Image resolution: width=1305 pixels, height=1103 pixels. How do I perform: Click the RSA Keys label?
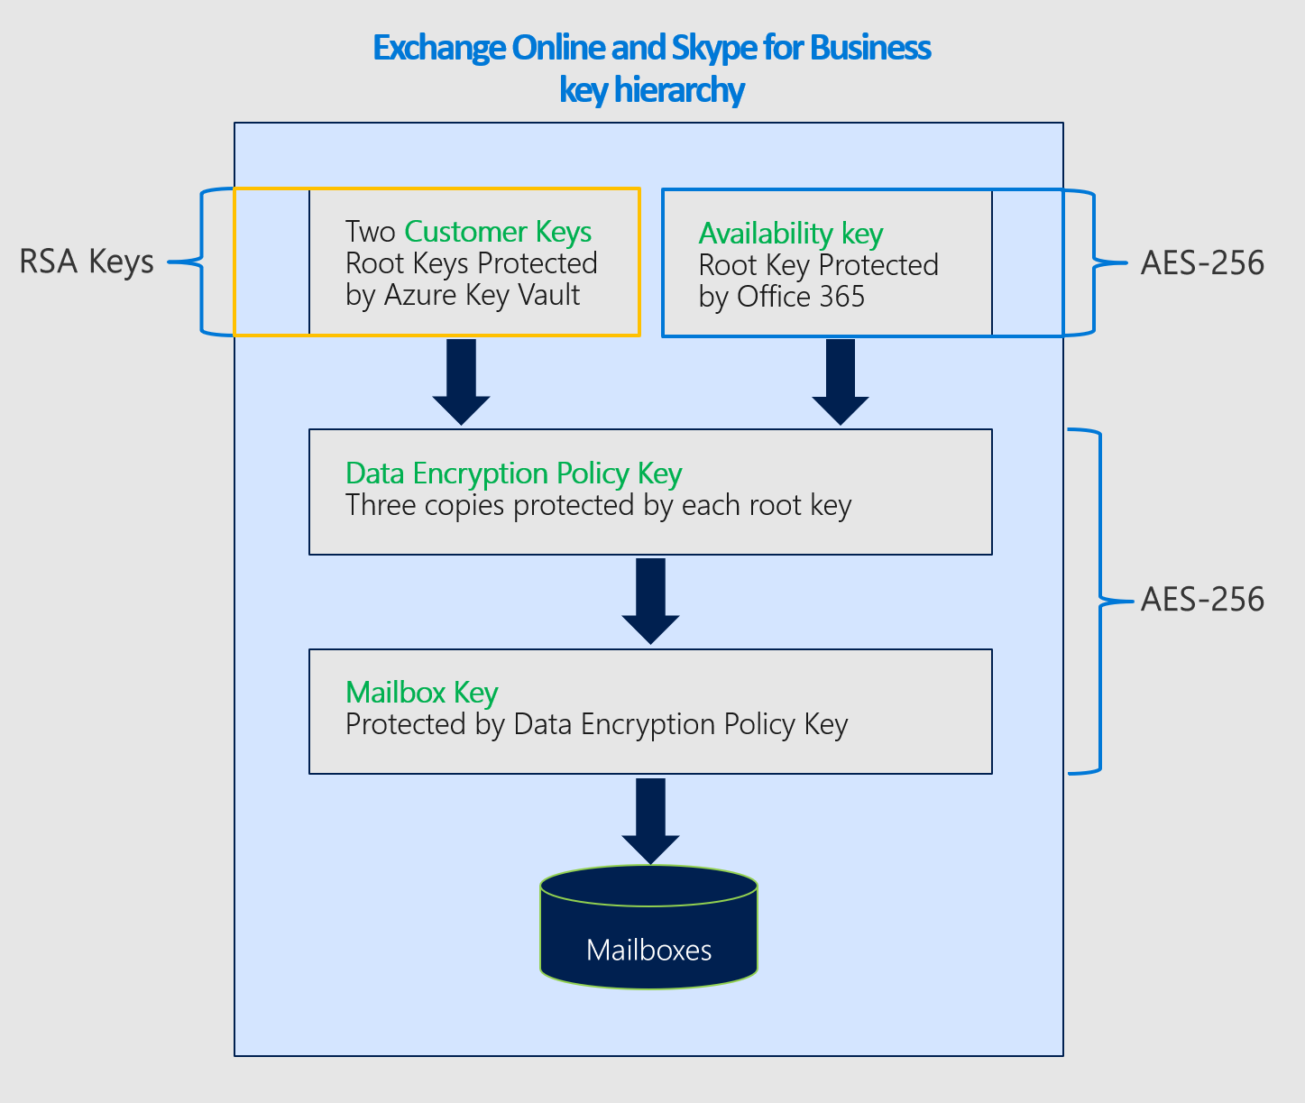coord(87,262)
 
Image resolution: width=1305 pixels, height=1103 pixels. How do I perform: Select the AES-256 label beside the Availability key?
coord(1201,262)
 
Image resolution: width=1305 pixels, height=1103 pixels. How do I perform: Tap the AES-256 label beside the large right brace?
coord(1201,599)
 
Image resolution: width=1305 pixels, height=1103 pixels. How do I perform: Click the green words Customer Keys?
coord(498,232)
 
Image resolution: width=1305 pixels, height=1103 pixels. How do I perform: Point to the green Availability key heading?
coord(790,234)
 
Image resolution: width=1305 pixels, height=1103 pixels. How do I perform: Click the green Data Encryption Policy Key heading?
coord(513,473)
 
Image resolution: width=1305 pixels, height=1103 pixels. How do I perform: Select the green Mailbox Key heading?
coord(421,693)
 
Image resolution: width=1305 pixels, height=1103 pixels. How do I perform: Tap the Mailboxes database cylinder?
coord(648,929)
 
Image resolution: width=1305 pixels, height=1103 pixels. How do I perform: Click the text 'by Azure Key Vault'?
coord(463,295)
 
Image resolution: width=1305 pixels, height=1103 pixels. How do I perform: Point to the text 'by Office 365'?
coord(781,297)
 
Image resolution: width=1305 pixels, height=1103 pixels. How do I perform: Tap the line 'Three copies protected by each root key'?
coord(598,505)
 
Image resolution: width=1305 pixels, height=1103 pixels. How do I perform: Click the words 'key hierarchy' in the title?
coord(651,90)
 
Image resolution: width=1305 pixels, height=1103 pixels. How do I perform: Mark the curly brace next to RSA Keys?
coord(200,262)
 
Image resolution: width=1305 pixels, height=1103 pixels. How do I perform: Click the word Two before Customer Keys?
coord(370,232)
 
